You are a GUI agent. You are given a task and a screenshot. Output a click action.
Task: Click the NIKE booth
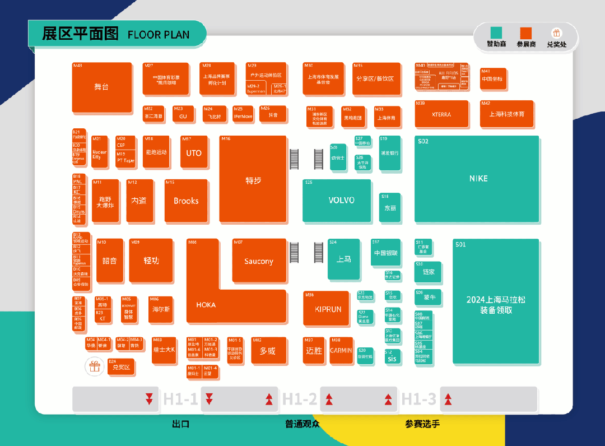[477, 179]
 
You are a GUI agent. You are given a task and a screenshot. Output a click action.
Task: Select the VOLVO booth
[337, 200]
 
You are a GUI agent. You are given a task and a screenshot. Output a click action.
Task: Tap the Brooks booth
[186, 201]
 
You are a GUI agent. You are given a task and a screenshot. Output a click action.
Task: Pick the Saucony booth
[259, 261]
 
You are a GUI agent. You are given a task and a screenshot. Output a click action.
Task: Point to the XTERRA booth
[441, 114]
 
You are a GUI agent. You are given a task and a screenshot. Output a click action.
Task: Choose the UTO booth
[193, 153]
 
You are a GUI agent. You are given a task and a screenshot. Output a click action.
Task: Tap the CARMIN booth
[341, 350]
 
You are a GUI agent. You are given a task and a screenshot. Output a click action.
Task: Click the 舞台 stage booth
[102, 87]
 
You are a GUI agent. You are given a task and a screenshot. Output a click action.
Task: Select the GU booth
[183, 116]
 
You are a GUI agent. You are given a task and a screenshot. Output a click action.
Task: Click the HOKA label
[206, 305]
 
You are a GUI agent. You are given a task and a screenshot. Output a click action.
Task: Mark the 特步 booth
[253, 179]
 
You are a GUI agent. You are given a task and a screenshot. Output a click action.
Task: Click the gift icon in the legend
[556, 33]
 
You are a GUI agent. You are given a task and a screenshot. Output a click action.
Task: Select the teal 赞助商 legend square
[496, 32]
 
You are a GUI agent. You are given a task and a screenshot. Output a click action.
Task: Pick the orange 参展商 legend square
[525, 32]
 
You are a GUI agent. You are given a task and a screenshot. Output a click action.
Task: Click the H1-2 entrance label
[300, 399]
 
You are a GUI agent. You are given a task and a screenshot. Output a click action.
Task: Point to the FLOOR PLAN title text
[159, 34]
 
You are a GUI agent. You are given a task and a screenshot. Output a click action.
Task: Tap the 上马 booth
[343, 259]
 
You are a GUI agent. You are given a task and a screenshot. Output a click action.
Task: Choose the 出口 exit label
[180, 424]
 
